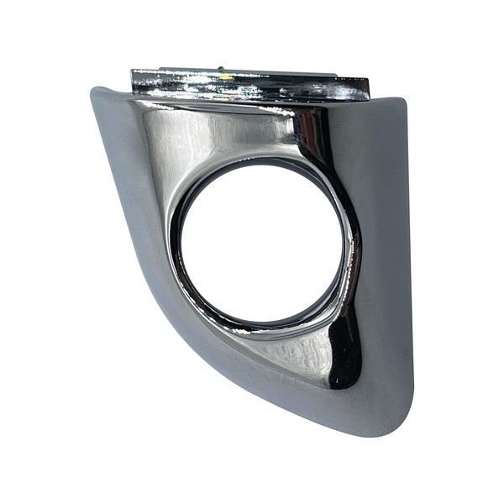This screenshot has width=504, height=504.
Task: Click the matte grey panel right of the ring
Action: (x=386, y=252)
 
